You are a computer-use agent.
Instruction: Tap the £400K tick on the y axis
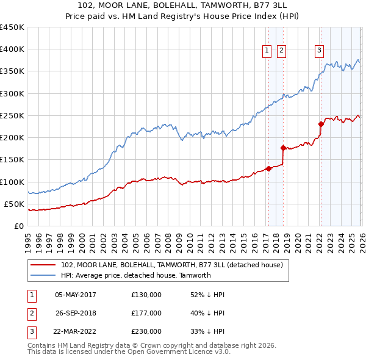[x=12, y=49]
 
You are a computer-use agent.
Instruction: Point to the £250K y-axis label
[x=12, y=115]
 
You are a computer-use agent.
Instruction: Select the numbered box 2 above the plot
[x=281, y=51]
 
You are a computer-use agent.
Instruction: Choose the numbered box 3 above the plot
[x=320, y=51]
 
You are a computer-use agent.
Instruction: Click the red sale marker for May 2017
[x=268, y=169]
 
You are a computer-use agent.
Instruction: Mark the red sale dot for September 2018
[x=283, y=148]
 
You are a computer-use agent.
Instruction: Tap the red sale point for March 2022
[x=321, y=124]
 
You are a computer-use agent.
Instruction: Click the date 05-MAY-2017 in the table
[x=75, y=295]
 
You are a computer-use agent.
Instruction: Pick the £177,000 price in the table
[x=146, y=313]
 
